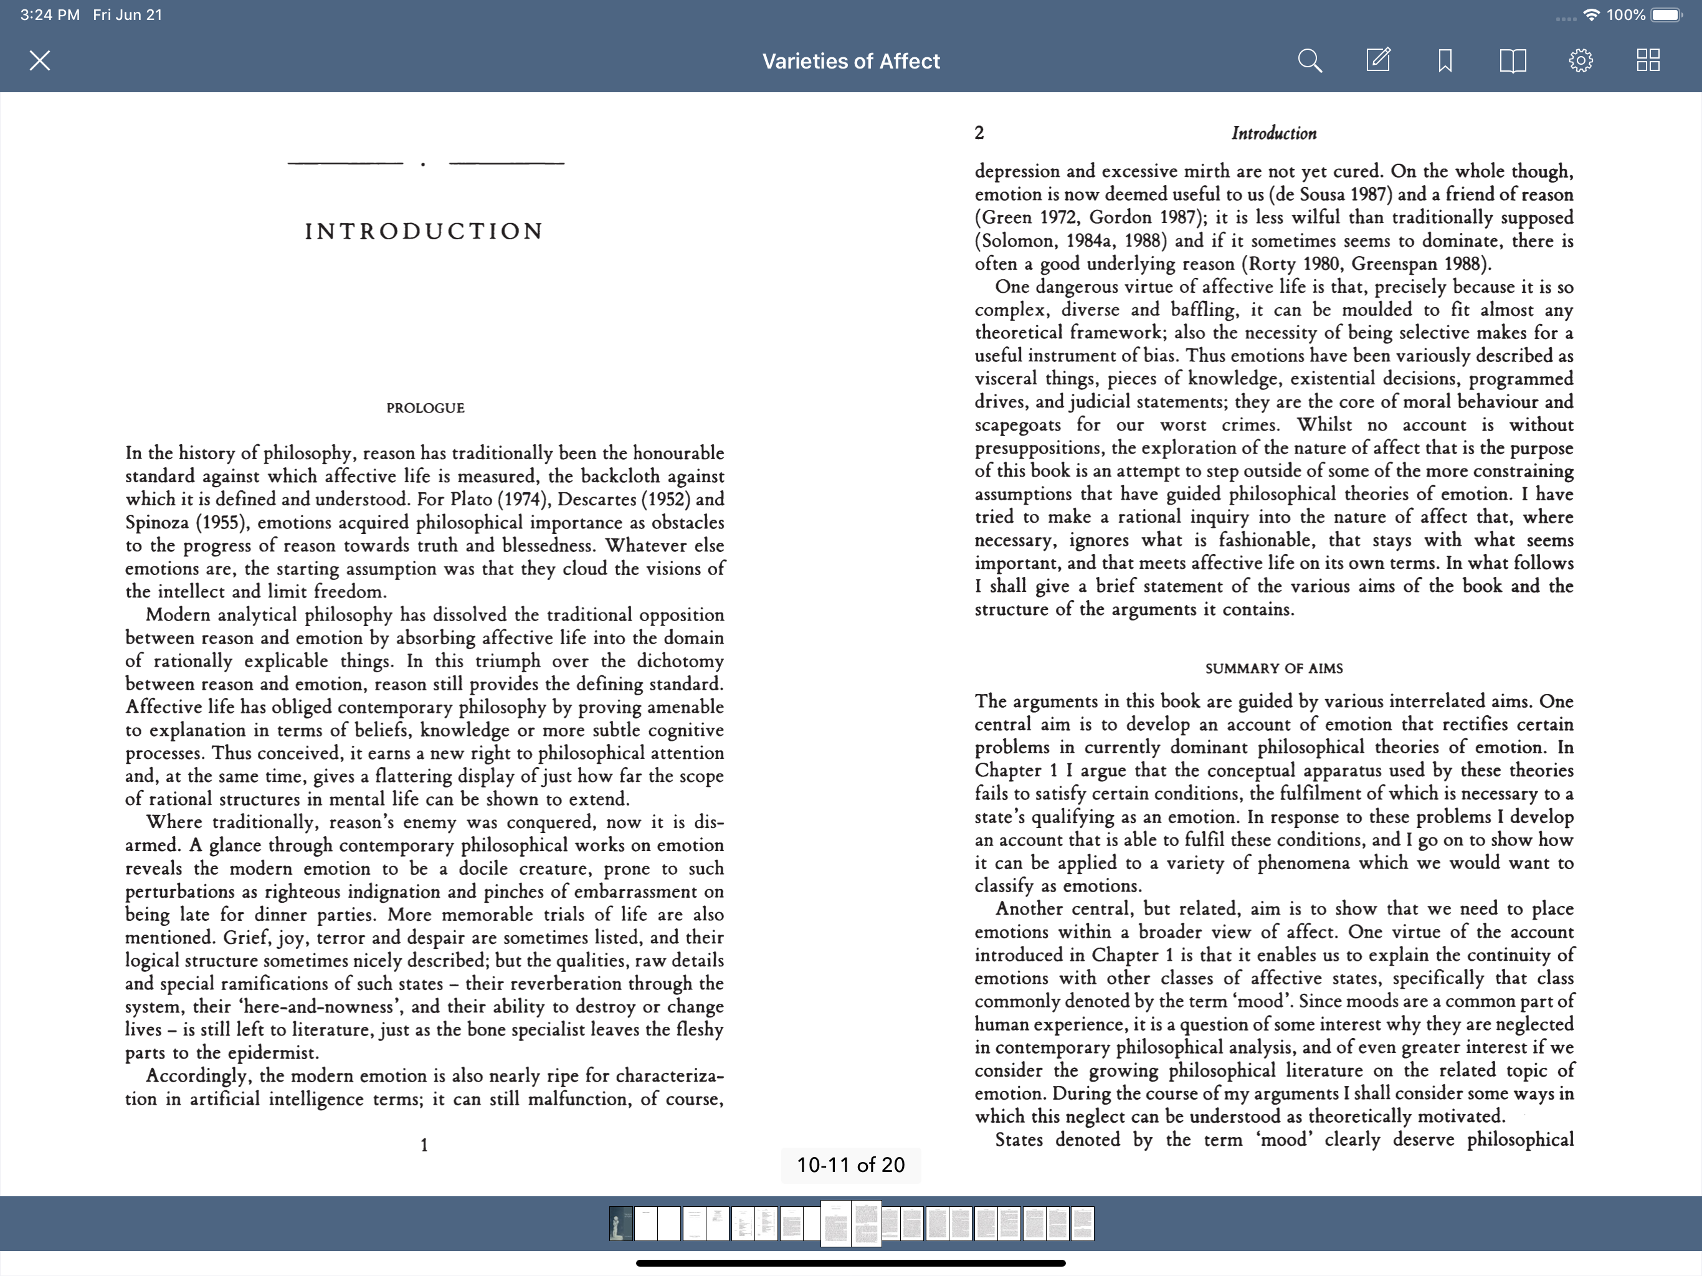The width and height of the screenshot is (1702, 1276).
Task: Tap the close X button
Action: click(x=40, y=61)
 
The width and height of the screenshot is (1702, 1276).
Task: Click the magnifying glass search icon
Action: click(x=1310, y=61)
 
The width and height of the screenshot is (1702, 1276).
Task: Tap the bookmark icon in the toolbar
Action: click(x=1445, y=61)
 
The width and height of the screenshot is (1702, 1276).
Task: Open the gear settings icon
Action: click(x=1581, y=61)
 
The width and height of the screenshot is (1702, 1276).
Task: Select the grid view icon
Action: click(x=1648, y=61)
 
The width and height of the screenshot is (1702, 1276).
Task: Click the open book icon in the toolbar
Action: click(x=1513, y=61)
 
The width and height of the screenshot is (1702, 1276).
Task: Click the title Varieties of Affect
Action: click(x=851, y=62)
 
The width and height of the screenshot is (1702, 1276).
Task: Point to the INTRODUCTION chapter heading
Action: click(x=425, y=231)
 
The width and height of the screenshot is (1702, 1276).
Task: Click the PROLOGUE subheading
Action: click(x=425, y=408)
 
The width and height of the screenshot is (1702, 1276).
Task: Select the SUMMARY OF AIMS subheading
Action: click(x=1274, y=669)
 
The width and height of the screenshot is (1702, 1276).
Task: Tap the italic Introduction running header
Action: click(x=1274, y=133)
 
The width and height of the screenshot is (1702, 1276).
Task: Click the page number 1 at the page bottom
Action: click(x=424, y=1145)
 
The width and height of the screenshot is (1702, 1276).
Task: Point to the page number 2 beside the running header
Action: click(x=979, y=133)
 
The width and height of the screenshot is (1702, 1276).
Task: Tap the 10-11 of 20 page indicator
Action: click(x=851, y=1165)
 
